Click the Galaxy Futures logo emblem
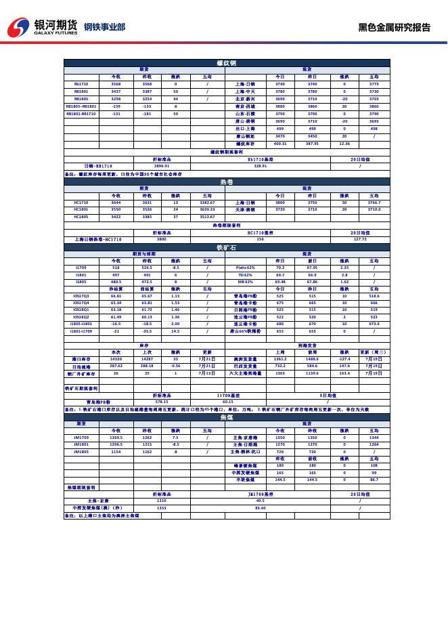(18, 28)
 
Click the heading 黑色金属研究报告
(394, 28)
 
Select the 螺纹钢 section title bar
(226, 63)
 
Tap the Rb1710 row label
(81, 84)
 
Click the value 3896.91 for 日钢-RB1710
(161, 166)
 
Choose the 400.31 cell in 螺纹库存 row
(280, 144)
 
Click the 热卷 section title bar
(226, 182)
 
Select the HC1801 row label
(81, 209)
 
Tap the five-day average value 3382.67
(207, 203)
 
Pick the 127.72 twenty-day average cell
(360, 239)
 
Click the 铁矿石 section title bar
(226, 248)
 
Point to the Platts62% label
(245, 268)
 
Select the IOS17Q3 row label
(81, 296)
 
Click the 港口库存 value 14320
(116, 360)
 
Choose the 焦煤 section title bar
(226, 418)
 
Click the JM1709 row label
(81, 438)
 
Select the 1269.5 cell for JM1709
(116, 438)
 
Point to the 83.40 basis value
(260, 507)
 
